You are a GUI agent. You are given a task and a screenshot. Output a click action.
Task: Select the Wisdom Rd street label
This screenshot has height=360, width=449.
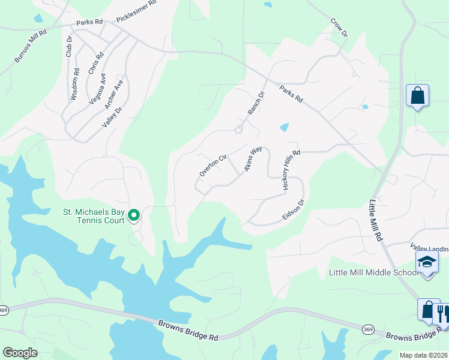pos(76,83)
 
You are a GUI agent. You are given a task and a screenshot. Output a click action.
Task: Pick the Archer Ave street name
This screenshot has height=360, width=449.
pos(113,94)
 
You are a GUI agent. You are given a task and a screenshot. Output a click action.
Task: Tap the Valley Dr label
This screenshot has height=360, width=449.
pos(110,118)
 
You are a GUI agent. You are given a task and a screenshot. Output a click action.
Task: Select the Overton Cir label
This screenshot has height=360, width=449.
pos(213,165)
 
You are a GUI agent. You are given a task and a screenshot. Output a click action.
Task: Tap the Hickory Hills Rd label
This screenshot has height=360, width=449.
pos(291,170)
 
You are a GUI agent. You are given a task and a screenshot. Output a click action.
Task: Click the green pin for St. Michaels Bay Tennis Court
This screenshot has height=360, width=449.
pos(135,215)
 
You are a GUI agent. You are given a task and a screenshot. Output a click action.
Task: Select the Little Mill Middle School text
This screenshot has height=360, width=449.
pos(373,273)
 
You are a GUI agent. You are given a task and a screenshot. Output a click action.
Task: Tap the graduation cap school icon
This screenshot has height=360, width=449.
pos(427,262)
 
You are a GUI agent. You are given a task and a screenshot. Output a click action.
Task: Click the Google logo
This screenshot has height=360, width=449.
pos(20,352)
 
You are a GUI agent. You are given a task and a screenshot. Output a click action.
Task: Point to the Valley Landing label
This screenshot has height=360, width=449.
pos(429,248)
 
